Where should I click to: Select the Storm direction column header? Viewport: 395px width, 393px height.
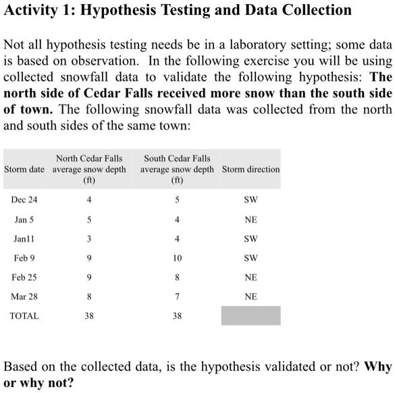point(251,169)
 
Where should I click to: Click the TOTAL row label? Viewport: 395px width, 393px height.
point(24,315)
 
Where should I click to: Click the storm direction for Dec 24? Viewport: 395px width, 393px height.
point(251,200)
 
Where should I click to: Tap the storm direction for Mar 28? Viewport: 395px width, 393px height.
point(251,296)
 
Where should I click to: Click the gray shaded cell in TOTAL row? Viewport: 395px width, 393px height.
point(251,315)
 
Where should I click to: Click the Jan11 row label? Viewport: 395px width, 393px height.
point(23,239)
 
